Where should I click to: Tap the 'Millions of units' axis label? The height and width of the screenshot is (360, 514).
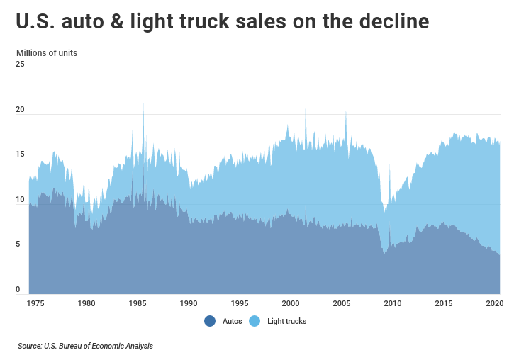(47, 53)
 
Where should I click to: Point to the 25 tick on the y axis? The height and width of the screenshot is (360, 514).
(20, 64)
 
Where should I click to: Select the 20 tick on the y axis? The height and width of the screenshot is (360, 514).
(20, 110)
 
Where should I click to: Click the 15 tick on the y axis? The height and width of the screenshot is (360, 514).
(20, 154)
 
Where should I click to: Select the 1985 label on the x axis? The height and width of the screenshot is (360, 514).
(138, 303)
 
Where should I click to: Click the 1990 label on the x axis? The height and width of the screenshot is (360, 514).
(189, 303)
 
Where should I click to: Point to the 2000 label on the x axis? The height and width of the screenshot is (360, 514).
(290, 303)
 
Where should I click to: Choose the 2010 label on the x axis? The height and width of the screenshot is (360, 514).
(392, 303)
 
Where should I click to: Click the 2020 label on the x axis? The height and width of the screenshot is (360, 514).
(493, 303)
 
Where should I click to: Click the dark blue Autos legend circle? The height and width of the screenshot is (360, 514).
(210, 321)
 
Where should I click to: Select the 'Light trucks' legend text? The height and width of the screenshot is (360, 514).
(286, 321)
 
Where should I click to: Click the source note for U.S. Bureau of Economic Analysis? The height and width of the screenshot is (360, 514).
(85, 347)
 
